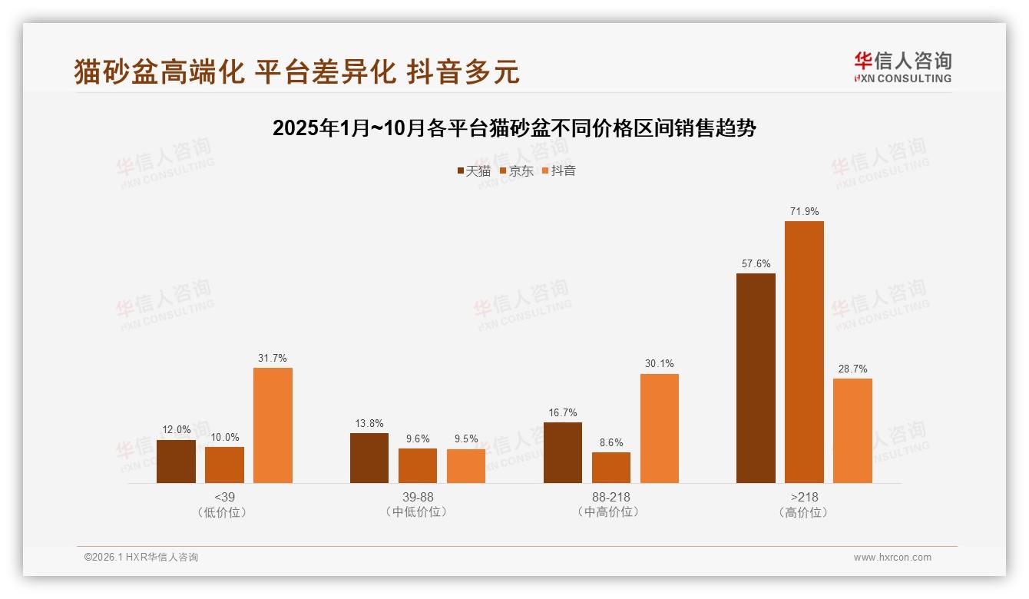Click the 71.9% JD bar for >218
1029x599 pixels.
(x=804, y=352)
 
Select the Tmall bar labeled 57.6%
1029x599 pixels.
(x=756, y=378)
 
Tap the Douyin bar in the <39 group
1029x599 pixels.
(x=273, y=425)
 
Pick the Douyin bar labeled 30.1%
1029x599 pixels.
(x=659, y=429)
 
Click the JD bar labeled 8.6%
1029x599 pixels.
(x=611, y=468)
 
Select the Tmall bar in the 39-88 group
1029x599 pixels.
(x=369, y=458)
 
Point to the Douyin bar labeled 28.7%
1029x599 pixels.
(x=852, y=431)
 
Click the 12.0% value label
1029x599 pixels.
(x=176, y=430)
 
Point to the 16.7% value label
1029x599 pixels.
(x=562, y=413)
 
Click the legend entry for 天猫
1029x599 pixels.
(x=473, y=170)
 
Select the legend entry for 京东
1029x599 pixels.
(x=516, y=170)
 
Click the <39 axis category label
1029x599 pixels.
(x=224, y=497)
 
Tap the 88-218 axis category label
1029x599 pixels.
(x=610, y=497)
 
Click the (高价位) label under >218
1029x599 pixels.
(x=803, y=512)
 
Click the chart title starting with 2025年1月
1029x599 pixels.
(x=514, y=128)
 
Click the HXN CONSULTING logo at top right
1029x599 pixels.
(x=902, y=67)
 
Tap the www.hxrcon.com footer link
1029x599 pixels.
(x=892, y=558)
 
